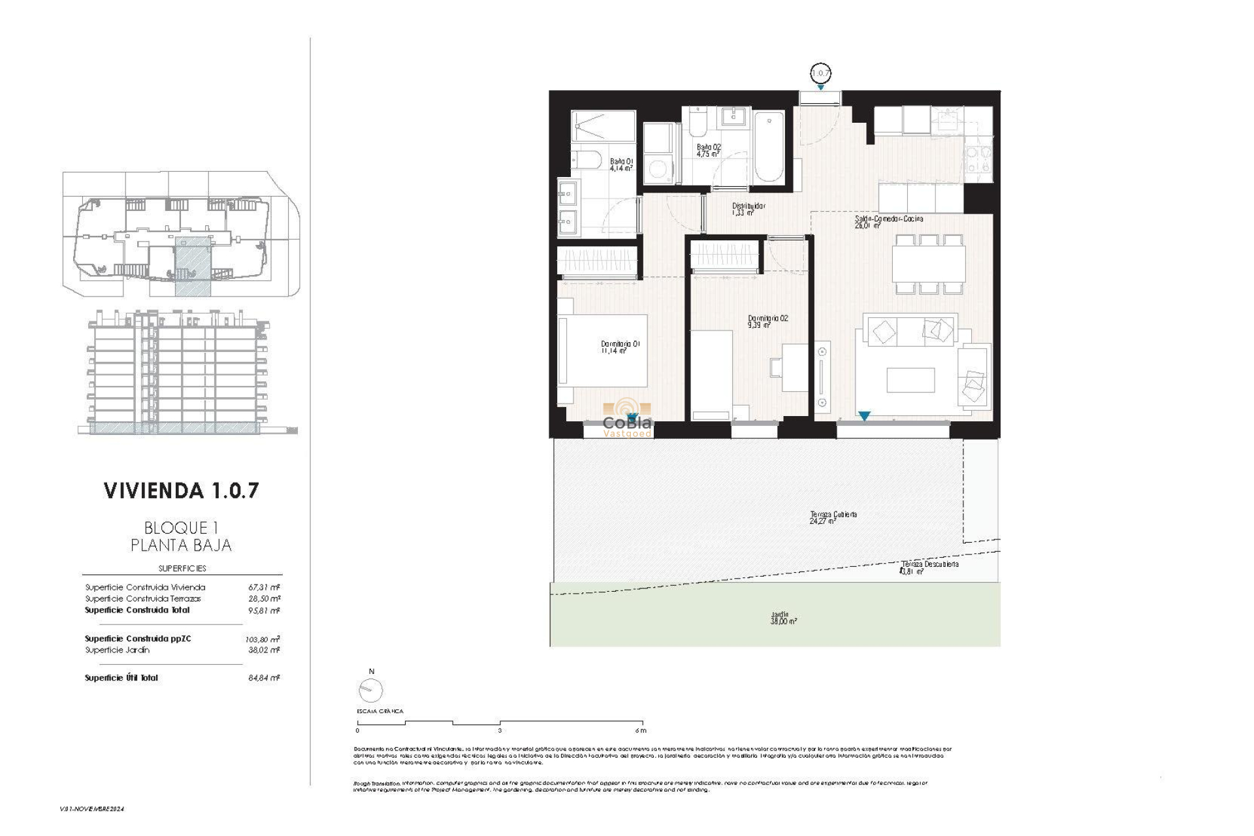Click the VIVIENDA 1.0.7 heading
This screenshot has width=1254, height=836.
pyautogui.click(x=181, y=490)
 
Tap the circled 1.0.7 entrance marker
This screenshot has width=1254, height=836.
pyautogui.click(x=820, y=73)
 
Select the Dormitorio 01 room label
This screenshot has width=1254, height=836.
pyautogui.click(x=619, y=347)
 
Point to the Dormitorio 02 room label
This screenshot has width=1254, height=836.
pyautogui.click(x=767, y=321)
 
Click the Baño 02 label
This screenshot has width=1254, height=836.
pyautogui.click(x=708, y=150)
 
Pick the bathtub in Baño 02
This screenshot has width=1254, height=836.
pyautogui.click(x=769, y=147)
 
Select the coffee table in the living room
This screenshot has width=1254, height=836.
pyautogui.click(x=910, y=379)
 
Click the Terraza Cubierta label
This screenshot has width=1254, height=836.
pyautogui.click(x=833, y=517)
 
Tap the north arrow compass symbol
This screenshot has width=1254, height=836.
pyautogui.click(x=370, y=689)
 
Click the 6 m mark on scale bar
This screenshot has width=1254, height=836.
pyautogui.click(x=639, y=730)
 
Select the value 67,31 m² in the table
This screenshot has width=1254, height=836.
pyautogui.click(x=264, y=587)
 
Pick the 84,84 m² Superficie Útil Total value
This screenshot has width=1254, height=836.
pyautogui.click(x=264, y=678)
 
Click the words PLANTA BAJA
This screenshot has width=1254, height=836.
pyautogui.click(x=181, y=545)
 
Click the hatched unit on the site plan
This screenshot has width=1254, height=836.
pyautogui.click(x=193, y=266)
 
